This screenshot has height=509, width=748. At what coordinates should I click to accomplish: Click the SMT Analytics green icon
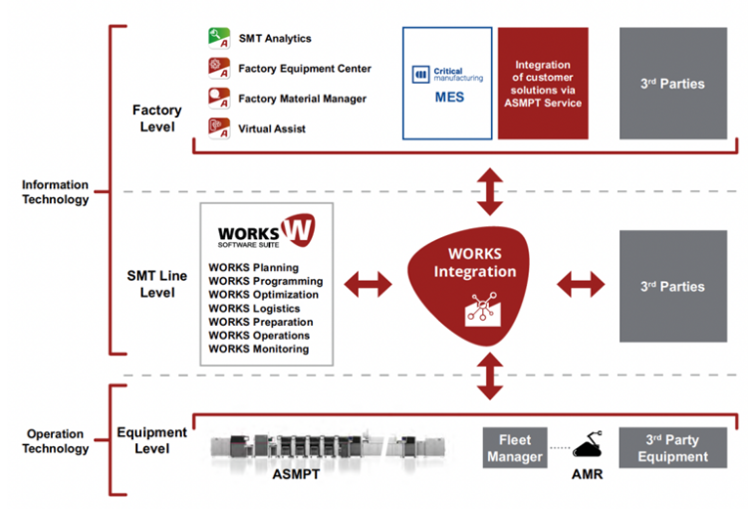(x=219, y=38)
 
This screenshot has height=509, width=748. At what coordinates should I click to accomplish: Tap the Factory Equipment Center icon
(x=219, y=68)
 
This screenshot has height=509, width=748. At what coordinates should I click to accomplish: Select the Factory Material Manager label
(x=303, y=99)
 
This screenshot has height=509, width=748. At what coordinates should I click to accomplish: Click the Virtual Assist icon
(x=219, y=128)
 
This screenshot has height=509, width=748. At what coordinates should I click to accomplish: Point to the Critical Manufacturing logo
(x=447, y=75)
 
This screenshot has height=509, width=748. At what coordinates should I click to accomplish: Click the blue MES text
(x=449, y=98)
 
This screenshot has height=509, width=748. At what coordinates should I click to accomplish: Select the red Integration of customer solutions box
(x=543, y=84)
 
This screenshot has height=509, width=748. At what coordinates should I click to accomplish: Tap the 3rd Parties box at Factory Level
(x=673, y=84)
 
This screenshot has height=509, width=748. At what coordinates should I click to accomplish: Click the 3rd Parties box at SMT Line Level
(x=673, y=286)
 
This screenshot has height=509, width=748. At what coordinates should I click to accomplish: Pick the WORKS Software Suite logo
(x=266, y=231)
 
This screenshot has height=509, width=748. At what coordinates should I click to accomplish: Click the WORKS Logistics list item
(x=254, y=309)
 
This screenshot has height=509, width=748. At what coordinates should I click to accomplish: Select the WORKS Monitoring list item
(x=259, y=350)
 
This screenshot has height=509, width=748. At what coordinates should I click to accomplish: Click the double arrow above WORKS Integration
(x=489, y=191)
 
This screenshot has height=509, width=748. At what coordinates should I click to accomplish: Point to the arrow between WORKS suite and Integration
(x=368, y=285)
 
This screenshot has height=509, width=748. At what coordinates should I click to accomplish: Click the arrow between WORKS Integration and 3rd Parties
(x=581, y=285)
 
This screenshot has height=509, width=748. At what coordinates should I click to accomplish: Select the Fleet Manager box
(x=515, y=447)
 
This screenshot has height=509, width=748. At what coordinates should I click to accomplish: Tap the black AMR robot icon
(x=588, y=444)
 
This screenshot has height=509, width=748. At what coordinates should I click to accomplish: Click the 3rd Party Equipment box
(x=673, y=447)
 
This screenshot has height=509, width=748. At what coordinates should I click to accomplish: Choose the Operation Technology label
(x=56, y=441)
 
